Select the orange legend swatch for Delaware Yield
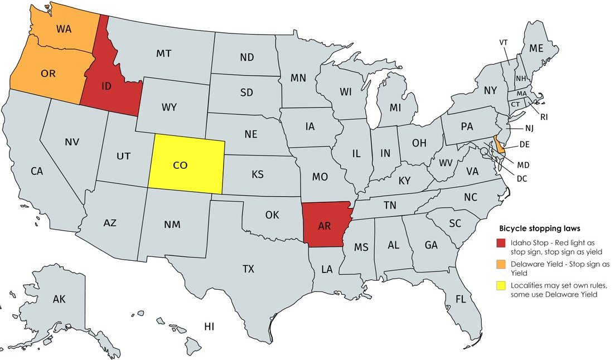pos(502,264)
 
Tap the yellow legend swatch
pos(502,285)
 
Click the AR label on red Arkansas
pos(325,226)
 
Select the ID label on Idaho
pos(107,86)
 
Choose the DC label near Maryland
pos(522,179)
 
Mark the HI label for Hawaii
pos(209,326)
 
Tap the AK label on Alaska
pos(59,299)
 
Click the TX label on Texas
pos(248,269)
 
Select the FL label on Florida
pos(460,299)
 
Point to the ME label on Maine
pos(536,48)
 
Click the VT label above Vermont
pos(503,42)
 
